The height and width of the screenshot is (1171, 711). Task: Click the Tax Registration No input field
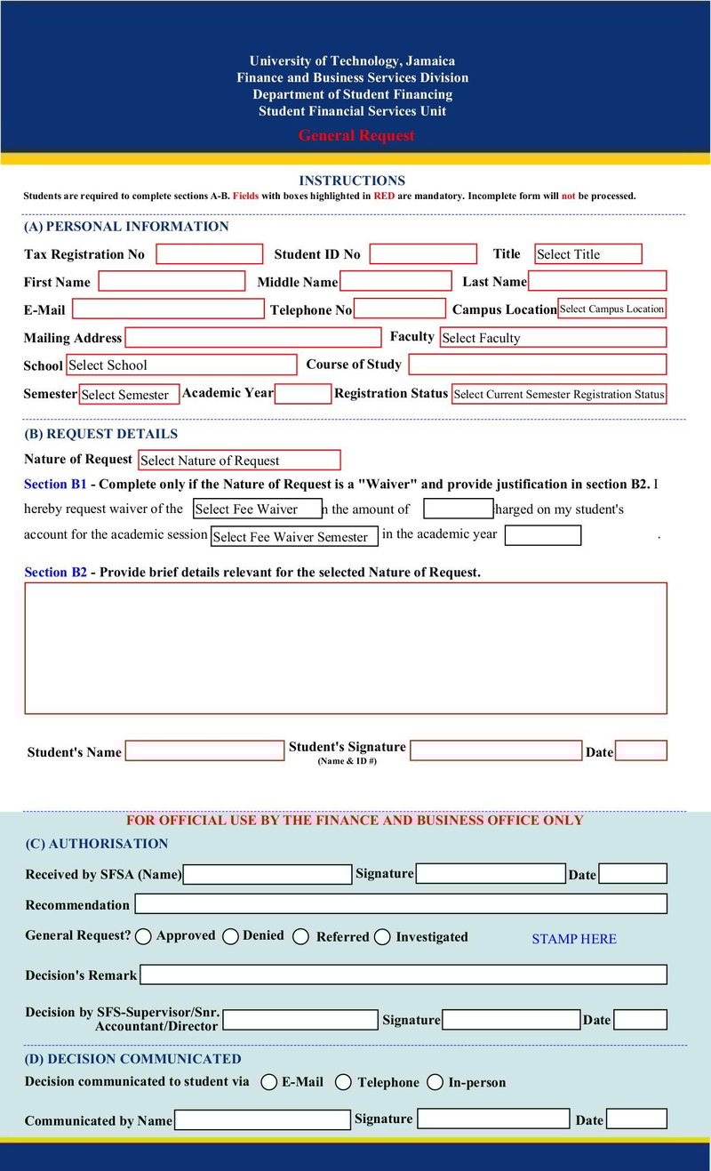pyautogui.click(x=210, y=254)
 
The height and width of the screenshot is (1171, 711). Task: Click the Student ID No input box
pyautogui.click(x=423, y=254)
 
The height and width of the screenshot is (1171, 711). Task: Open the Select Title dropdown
pyautogui.click(x=587, y=254)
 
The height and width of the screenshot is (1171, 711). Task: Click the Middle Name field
pyautogui.click(x=395, y=282)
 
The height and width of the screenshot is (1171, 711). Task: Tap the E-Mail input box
pyautogui.click(x=168, y=309)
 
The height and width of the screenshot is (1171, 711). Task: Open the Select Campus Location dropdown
pyautogui.click(x=611, y=309)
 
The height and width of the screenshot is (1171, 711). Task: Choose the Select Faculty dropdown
pyautogui.click(x=552, y=338)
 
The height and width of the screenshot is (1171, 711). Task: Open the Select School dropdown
pyautogui.click(x=181, y=365)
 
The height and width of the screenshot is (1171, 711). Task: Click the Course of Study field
pyautogui.click(x=537, y=365)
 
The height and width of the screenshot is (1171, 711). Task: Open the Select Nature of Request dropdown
pyautogui.click(x=239, y=461)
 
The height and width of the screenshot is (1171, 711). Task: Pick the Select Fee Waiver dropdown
pyautogui.click(x=258, y=509)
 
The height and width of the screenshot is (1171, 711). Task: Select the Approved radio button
pyautogui.click(x=143, y=936)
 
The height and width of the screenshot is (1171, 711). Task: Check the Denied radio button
pyautogui.click(x=230, y=936)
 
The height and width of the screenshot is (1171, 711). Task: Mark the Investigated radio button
pyautogui.click(x=382, y=937)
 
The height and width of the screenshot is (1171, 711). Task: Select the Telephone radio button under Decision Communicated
pyautogui.click(x=343, y=1082)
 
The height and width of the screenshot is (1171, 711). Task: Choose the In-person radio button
pyautogui.click(x=435, y=1082)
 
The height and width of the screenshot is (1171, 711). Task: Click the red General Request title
pyautogui.click(x=356, y=136)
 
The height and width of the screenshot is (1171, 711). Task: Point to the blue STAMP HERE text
pyautogui.click(x=573, y=939)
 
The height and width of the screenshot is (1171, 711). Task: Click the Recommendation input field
pyautogui.click(x=400, y=904)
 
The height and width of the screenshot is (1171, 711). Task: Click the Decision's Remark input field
pyautogui.click(x=403, y=975)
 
